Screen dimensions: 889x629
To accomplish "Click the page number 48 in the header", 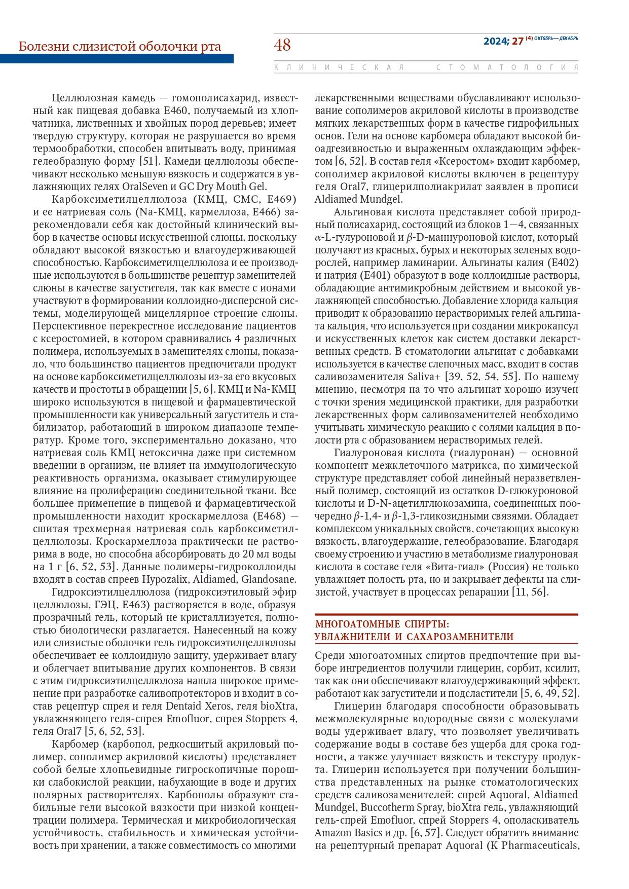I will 282,45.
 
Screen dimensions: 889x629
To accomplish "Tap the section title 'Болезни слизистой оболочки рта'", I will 120,47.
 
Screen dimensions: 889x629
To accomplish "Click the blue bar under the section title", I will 117,59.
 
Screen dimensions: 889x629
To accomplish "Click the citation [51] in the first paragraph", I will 150,161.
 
